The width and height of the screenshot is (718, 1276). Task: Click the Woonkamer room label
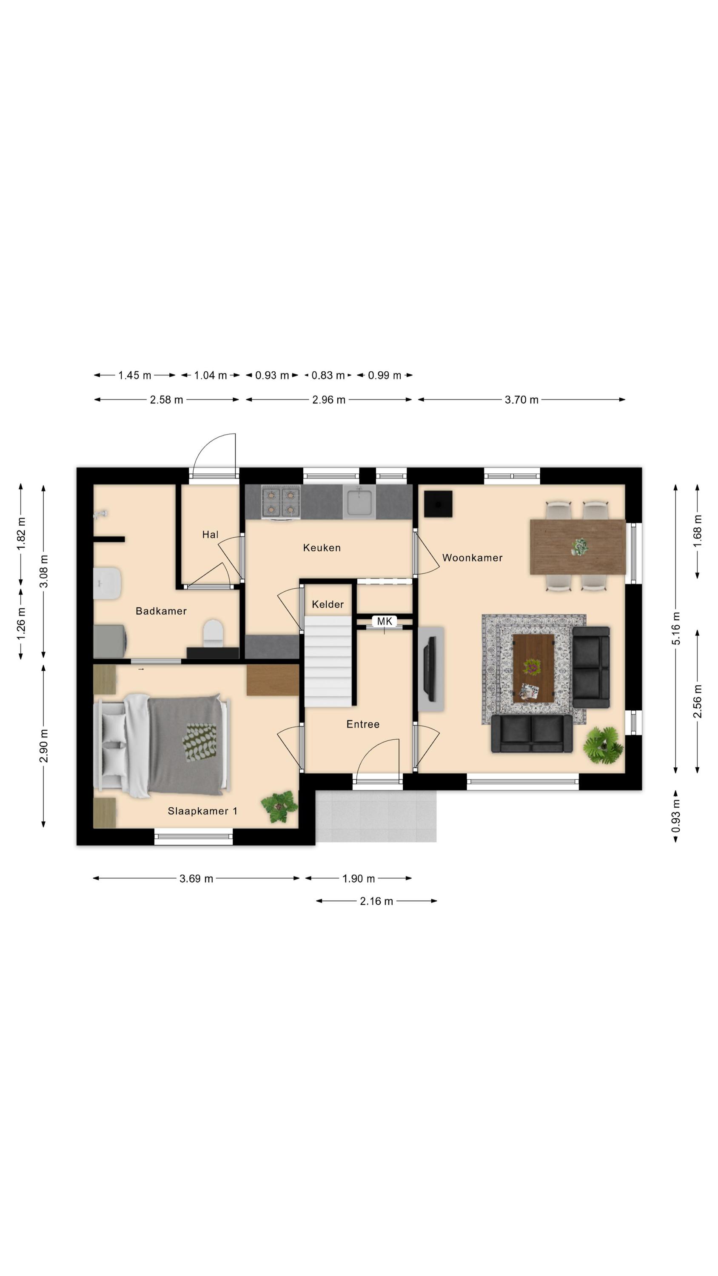[x=472, y=558]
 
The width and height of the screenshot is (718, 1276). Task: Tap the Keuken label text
[x=322, y=548]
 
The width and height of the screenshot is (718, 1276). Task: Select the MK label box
[x=385, y=621]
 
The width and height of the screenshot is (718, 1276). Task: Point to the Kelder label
[x=328, y=604]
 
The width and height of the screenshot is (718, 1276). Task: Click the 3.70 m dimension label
[x=521, y=400]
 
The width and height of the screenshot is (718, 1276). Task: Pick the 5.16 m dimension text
[x=676, y=629]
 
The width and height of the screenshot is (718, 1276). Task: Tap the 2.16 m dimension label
[x=376, y=901]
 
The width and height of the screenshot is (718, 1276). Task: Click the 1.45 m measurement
[x=134, y=376]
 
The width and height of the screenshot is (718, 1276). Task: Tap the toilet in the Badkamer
[x=214, y=633]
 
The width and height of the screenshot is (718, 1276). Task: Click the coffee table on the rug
[x=533, y=668]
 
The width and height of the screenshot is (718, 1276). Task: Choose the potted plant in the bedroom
[x=279, y=807]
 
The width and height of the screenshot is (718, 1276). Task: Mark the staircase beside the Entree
[x=328, y=661]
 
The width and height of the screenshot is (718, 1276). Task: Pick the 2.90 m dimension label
[x=44, y=746]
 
